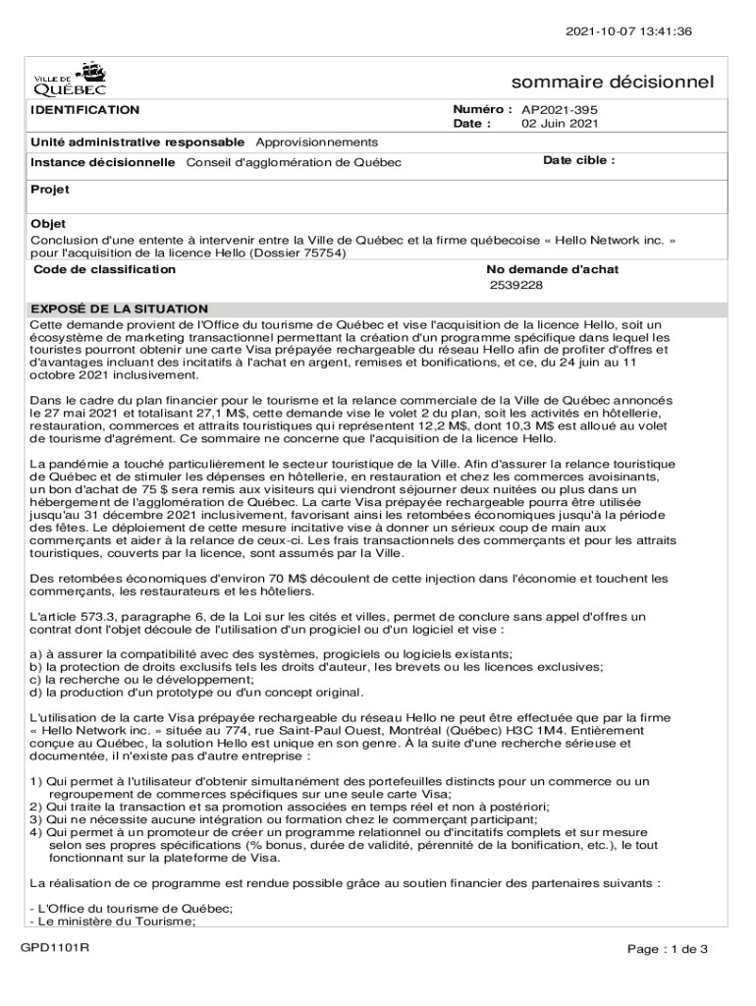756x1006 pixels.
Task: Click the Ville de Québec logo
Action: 70,78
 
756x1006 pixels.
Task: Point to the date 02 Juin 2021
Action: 560,124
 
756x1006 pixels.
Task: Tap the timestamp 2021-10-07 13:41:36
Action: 628,31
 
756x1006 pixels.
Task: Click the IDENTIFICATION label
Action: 84,110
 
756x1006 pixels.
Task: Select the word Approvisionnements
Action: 316,143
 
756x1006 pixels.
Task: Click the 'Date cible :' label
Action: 578,160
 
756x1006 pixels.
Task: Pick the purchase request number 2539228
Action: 516,285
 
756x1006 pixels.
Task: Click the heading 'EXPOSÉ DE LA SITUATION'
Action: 119,308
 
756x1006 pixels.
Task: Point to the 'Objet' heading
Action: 48,224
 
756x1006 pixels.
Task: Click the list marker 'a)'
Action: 36,654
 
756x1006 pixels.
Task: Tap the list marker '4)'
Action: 36,831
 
